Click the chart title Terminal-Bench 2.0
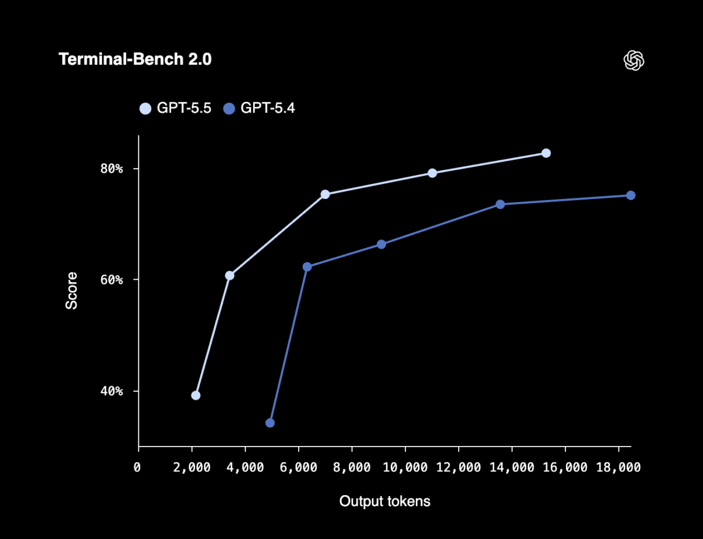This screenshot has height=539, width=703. [135, 60]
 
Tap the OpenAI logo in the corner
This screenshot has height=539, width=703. [634, 60]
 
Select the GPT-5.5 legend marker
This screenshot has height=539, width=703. [145, 108]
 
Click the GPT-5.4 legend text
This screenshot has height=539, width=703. [268, 108]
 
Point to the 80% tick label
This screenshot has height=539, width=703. [111, 169]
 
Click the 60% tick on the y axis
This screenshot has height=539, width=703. [111, 280]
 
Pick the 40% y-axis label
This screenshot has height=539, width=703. [111, 391]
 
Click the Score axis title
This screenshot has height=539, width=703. [71, 290]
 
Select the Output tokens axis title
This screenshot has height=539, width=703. [385, 502]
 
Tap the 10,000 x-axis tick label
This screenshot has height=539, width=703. [405, 468]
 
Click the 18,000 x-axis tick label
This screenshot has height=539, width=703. [618, 468]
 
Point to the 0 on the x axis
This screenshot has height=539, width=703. [138, 468]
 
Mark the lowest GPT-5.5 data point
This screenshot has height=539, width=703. [196, 396]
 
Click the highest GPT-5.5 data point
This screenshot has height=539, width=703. [546, 153]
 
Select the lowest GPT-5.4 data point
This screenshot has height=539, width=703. [270, 423]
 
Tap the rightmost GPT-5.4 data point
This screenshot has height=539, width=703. [631, 195]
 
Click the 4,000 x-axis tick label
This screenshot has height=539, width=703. [245, 468]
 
